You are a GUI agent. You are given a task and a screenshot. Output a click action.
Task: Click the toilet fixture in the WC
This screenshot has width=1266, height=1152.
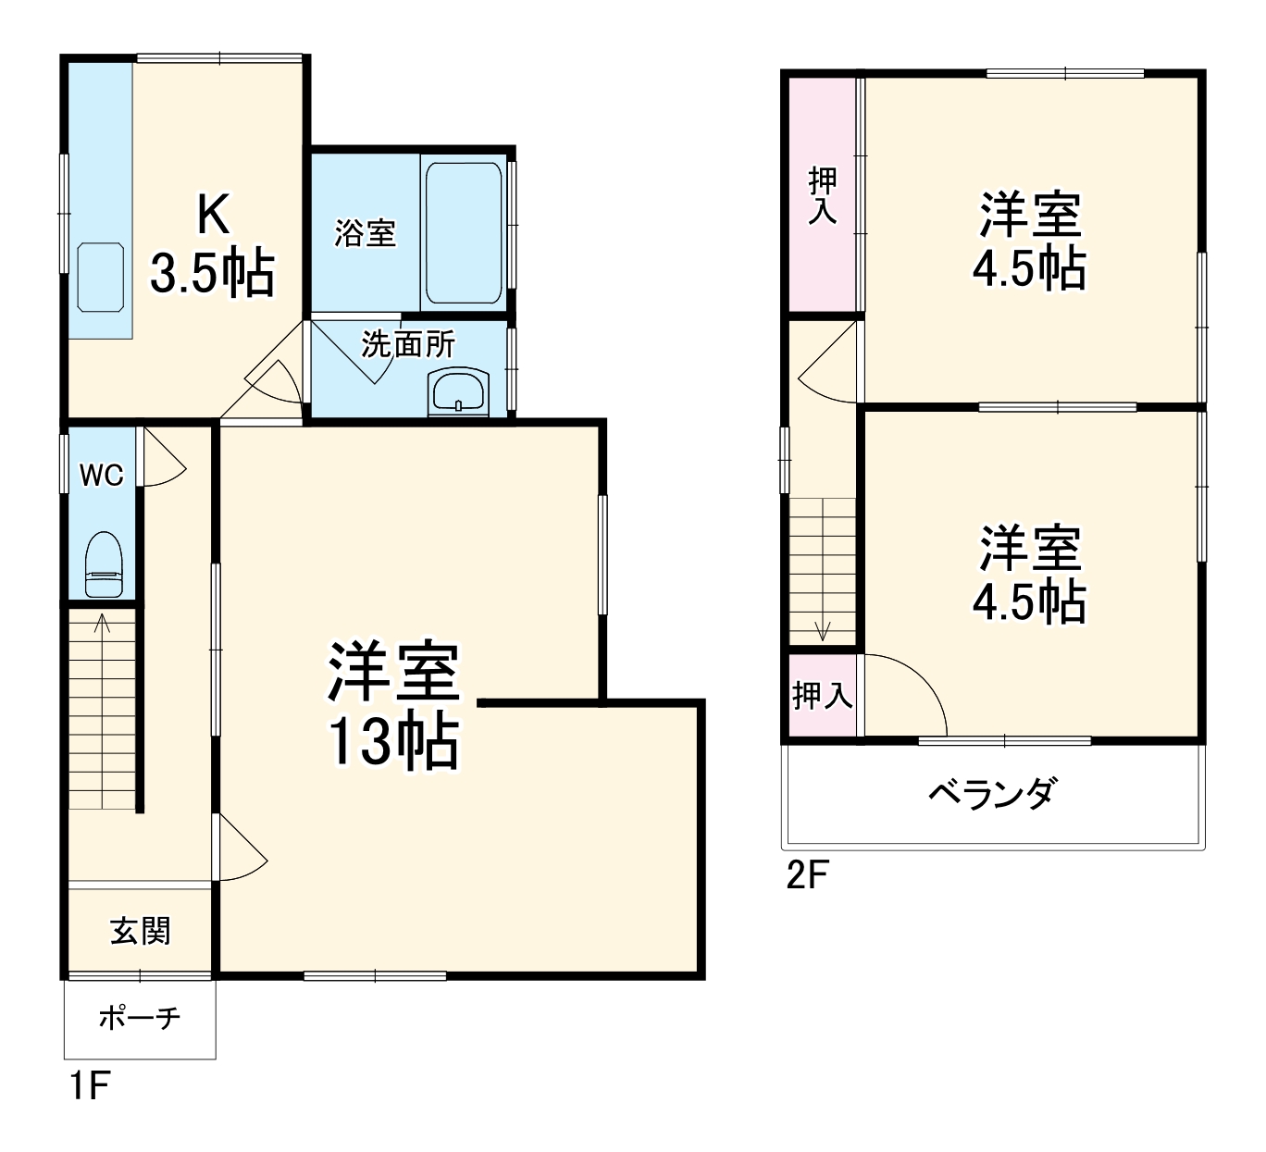103,564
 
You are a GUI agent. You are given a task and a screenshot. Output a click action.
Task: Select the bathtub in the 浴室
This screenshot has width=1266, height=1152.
464,232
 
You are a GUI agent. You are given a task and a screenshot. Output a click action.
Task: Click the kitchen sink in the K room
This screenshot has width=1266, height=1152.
101,277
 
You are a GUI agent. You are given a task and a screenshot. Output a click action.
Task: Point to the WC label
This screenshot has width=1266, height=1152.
102,476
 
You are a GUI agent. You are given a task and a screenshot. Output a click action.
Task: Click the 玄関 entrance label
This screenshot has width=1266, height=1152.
141,930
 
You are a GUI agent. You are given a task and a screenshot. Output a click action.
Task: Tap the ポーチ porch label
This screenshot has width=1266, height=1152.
140,1019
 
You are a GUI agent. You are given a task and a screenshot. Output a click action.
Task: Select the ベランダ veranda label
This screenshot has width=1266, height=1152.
992,794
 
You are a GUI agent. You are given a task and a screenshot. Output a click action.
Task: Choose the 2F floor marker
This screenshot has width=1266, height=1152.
807,874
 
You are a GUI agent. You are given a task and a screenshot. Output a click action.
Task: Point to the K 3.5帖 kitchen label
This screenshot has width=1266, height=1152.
212,246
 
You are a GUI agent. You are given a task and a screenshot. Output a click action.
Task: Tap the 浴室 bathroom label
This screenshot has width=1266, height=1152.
365,232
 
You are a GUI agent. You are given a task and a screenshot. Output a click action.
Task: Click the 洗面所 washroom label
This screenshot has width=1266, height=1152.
408,345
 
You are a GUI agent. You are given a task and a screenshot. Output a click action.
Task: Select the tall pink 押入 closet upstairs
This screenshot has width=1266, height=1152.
823,195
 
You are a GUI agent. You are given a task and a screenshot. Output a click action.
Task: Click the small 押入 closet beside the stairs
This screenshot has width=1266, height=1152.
822,696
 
